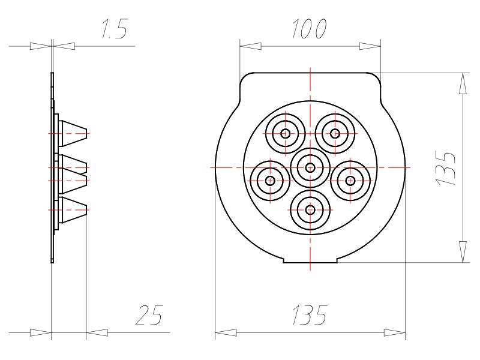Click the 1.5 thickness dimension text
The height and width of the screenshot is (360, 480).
pos(114,29)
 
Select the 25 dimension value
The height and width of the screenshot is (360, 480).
pos(149,315)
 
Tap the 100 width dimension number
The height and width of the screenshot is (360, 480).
pos(309,29)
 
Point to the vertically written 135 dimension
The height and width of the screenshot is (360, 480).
pos(445,168)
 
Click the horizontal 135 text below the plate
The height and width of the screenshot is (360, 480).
pos(310,315)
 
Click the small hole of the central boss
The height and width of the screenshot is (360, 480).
pos(310,168)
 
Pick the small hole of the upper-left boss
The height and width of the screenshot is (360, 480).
pos(286,133)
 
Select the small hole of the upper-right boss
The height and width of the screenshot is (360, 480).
pos(335,133)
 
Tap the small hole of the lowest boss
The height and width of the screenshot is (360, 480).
pos(310,210)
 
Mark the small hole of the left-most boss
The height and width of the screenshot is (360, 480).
pos(270,181)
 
